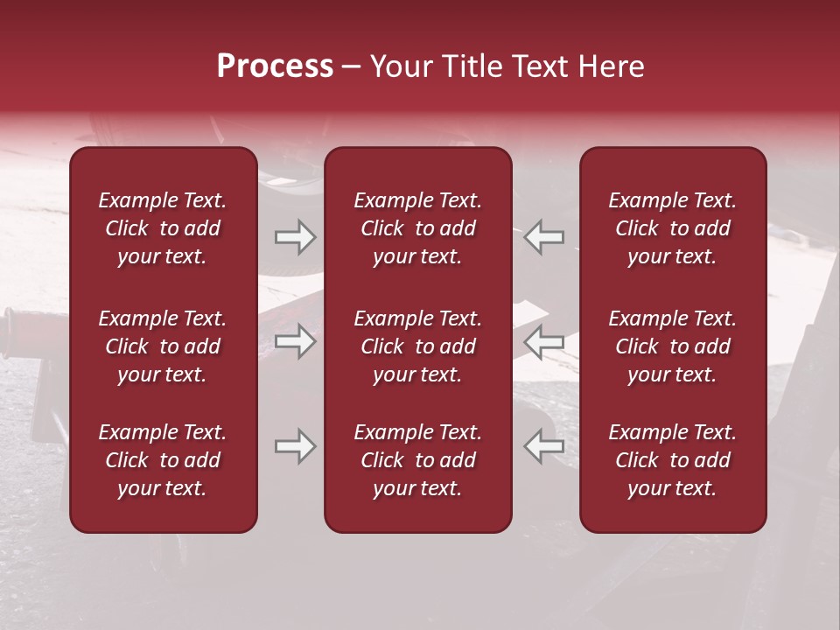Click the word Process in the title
(275, 66)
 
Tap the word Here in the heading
(610, 66)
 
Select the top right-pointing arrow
(295, 236)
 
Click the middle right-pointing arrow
(295, 341)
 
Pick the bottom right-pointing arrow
(295, 446)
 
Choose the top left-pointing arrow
(544, 236)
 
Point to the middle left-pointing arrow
(544, 341)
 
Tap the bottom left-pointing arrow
(544, 446)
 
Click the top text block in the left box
(163, 228)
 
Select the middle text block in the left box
(163, 346)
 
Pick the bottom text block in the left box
(163, 460)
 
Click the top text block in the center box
(418, 228)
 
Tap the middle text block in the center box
(418, 346)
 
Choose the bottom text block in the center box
(418, 460)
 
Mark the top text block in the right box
(673, 228)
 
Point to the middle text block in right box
(673, 346)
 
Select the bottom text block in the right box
(673, 460)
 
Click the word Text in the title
(536, 66)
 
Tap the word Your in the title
(398, 66)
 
